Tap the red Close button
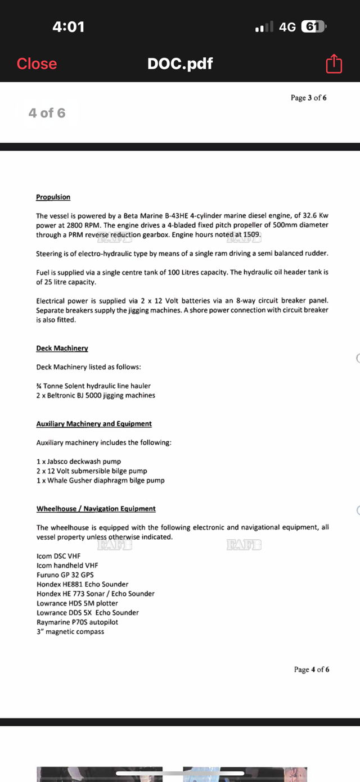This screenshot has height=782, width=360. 37,64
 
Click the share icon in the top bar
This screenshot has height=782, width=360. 334,64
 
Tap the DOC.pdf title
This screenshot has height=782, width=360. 180,64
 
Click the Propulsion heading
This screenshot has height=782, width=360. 53,197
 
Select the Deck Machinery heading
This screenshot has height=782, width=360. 62,348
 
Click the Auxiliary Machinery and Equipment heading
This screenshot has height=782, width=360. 94,423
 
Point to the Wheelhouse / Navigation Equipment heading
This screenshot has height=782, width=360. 96,508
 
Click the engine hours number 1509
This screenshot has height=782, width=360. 252,234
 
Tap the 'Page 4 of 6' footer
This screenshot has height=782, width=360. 312,669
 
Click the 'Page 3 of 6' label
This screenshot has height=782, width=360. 308,98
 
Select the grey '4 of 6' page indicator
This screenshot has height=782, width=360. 47,113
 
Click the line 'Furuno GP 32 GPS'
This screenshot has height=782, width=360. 65,575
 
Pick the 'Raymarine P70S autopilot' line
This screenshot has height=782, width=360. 77,622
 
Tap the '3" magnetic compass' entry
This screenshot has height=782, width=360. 70,631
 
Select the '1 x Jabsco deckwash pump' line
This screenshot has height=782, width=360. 78,462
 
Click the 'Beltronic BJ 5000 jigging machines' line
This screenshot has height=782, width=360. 96,395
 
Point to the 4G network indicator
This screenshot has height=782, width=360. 287,26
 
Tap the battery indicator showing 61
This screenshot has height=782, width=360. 314,26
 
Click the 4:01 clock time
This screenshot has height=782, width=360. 68,26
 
